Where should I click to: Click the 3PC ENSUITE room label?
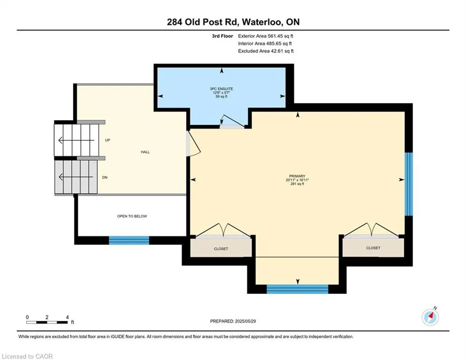pyautogui.click(x=222, y=89)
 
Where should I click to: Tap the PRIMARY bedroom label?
pyautogui.click(x=297, y=176)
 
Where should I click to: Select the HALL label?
pyautogui.click(x=145, y=152)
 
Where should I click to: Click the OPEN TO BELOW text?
pyautogui.click(x=132, y=216)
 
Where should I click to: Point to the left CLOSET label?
pyautogui.click(x=221, y=249)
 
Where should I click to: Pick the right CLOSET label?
pyautogui.click(x=373, y=248)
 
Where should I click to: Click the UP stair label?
pyautogui.click(x=108, y=140)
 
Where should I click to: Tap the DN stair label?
pyautogui.click(x=104, y=178)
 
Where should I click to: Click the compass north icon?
pyautogui.click(x=430, y=317)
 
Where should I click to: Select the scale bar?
pyautogui.click(x=47, y=322)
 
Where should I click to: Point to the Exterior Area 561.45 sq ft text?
pyautogui.click(x=266, y=36)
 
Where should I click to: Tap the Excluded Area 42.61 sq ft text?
pyautogui.click(x=266, y=51)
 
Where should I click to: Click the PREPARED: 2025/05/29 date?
pyautogui.click(x=233, y=321)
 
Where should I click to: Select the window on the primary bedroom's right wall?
pyautogui.click(x=409, y=184)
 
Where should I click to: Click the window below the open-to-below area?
pyautogui.click(x=129, y=240)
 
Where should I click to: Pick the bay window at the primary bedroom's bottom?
pyautogui.click(x=297, y=289)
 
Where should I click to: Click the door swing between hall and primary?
pyautogui.click(x=193, y=143)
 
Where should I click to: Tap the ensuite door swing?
pyautogui.click(x=232, y=121)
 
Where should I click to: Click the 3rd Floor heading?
pyautogui.click(x=222, y=36)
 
